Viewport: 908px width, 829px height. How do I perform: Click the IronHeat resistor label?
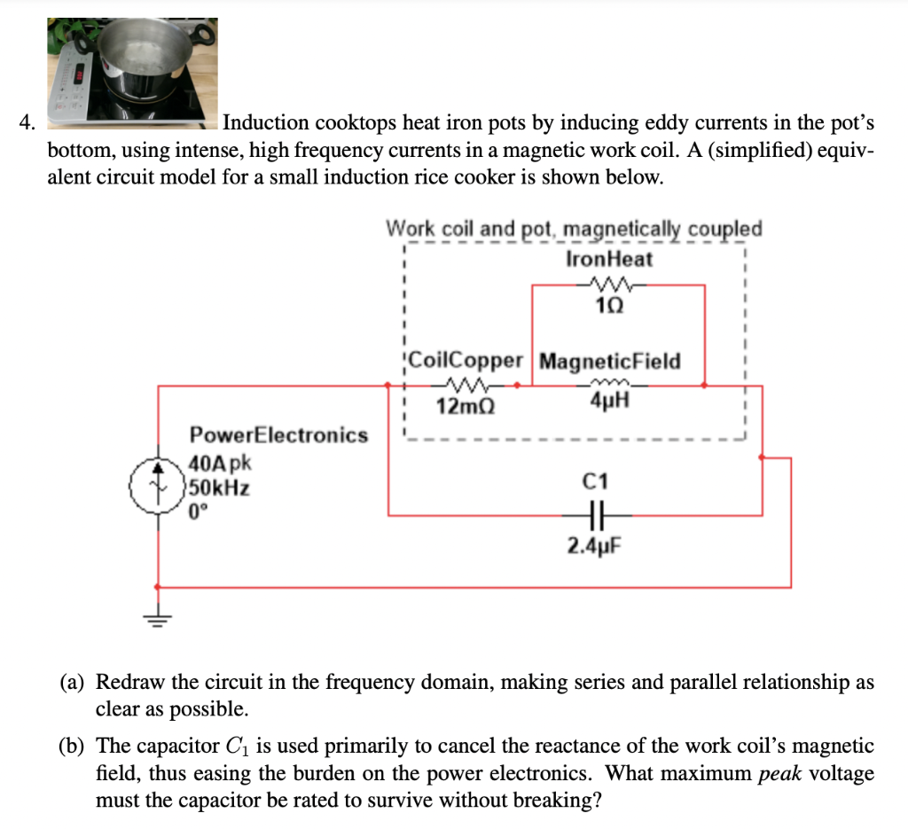(x=608, y=259)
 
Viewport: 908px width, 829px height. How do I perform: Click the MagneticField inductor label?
(x=610, y=362)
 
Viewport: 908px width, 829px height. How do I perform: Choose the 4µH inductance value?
(x=610, y=404)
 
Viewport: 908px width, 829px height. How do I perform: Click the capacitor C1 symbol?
(x=596, y=513)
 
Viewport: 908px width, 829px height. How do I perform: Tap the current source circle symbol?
(x=157, y=488)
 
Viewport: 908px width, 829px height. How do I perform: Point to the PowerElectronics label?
(x=278, y=435)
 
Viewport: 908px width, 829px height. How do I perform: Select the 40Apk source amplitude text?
(x=219, y=463)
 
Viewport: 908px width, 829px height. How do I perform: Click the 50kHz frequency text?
(x=218, y=487)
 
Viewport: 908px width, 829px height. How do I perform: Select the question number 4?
(x=26, y=122)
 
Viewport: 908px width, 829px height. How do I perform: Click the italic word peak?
(x=780, y=773)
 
